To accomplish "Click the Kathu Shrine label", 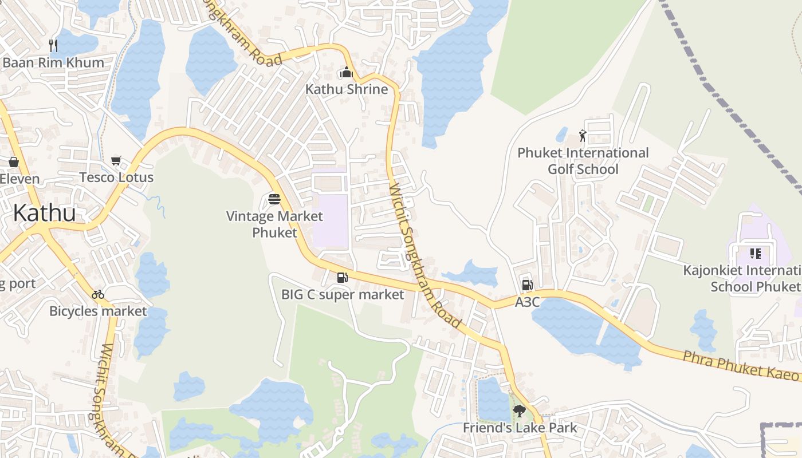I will click(346, 89).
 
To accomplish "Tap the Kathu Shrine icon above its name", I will click(346, 73).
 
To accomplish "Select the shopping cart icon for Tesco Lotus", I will click(116, 161).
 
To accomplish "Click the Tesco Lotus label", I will click(116, 177).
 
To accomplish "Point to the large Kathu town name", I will click(44, 213).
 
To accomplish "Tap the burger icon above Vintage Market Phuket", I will click(274, 199).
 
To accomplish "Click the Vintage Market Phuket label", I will click(274, 224).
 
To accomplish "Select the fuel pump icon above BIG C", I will click(342, 278).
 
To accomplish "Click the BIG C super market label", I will click(343, 295).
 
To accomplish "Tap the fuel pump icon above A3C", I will click(527, 285).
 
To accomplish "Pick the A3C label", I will click(527, 302).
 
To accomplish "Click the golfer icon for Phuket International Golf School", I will click(583, 136).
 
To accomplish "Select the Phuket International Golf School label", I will click(583, 161).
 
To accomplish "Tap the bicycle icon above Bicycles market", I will click(98, 294).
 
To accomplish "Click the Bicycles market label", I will click(98, 311).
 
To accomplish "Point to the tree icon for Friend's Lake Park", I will click(520, 410).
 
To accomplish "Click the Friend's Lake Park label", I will click(520, 428).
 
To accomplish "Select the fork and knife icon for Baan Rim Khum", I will click(53, 46).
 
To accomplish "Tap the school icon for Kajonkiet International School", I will click(755, 253).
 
